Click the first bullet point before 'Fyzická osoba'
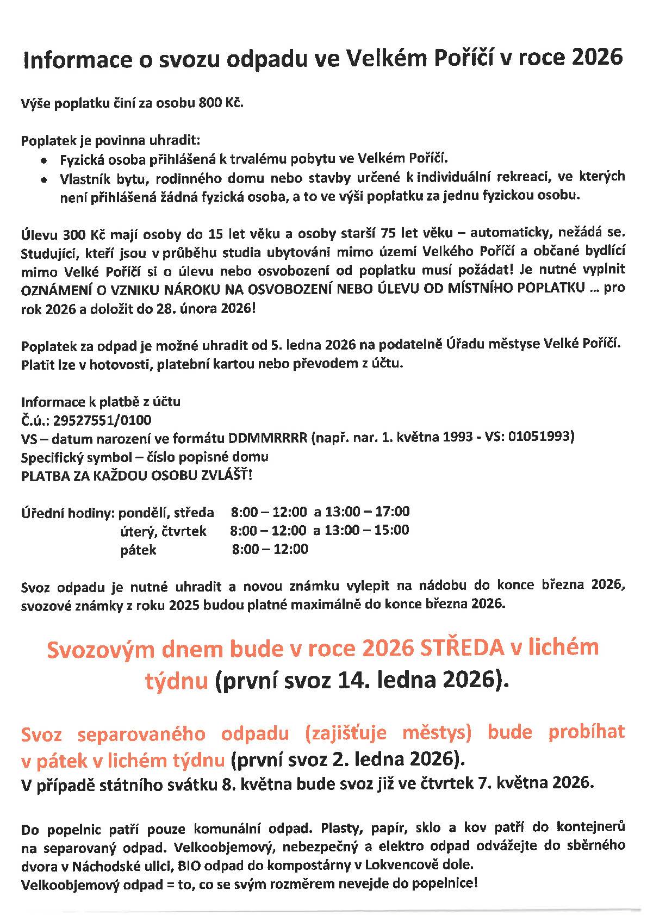[43, 160]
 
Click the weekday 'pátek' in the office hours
[138, 550]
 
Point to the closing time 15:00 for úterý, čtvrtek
[390, 530]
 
